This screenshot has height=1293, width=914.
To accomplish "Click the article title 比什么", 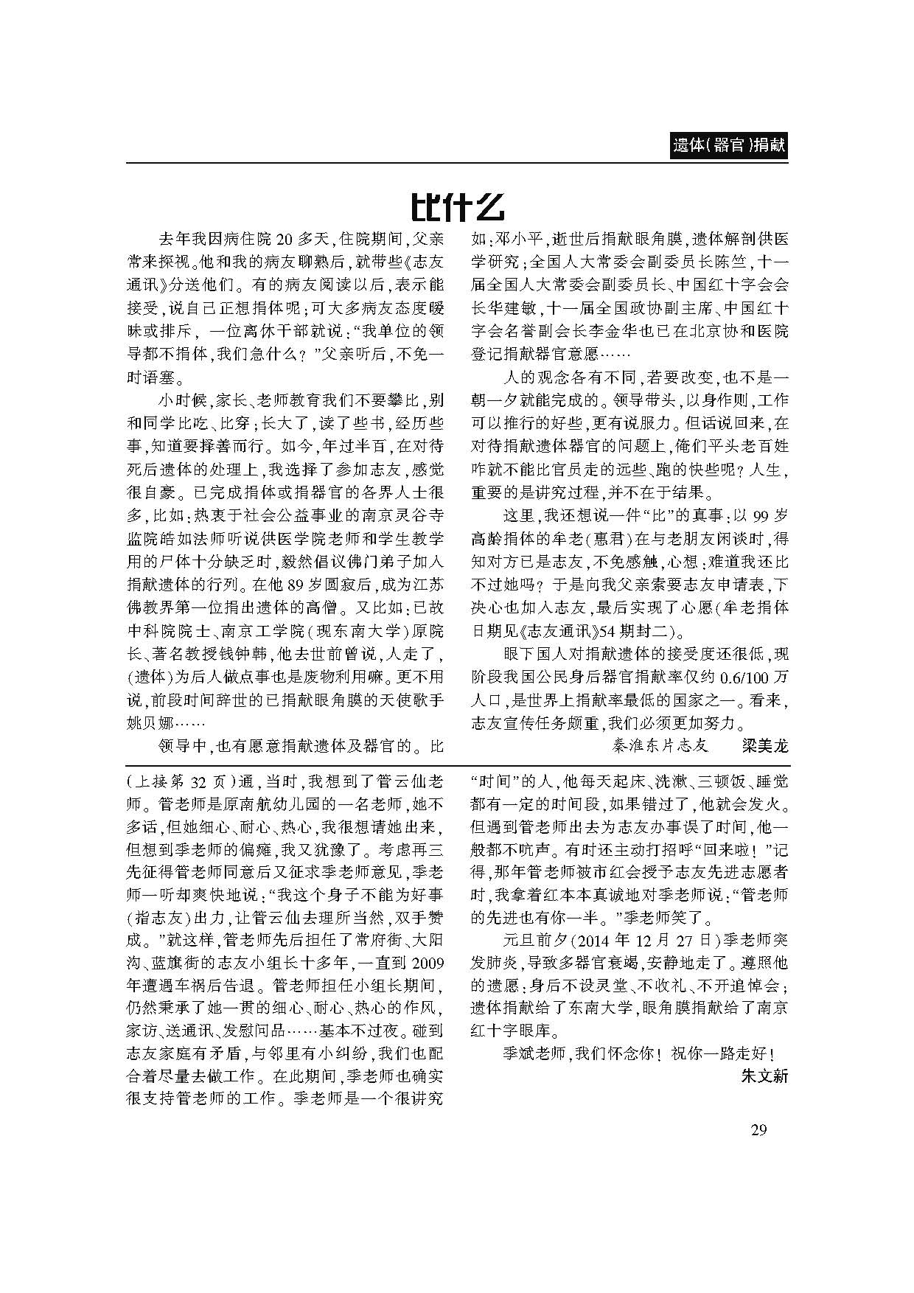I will click(457, 207).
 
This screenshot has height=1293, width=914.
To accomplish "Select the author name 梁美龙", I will click(764, 745).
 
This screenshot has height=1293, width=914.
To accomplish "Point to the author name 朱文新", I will click(764, 1076).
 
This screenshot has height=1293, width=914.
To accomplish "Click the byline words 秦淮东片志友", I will click(660, 745).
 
